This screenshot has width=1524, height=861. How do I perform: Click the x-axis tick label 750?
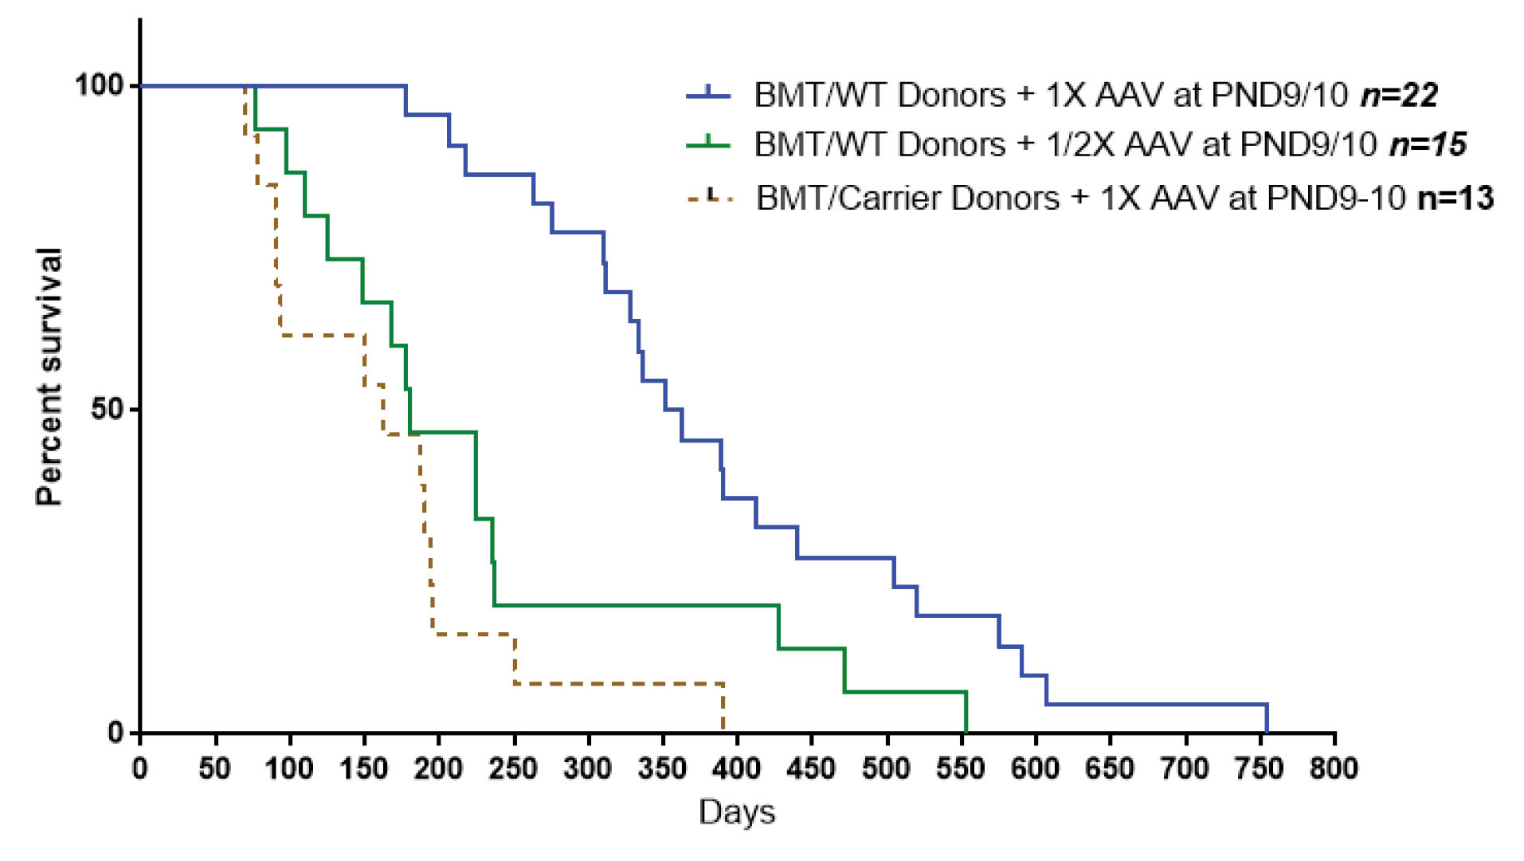click(x=1260, y=769)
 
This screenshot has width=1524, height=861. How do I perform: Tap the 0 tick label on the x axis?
click(x=140, y=769)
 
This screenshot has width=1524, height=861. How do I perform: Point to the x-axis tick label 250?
click(x=513, y=769)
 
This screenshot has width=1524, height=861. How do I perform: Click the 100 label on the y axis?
click(x=100, y=85)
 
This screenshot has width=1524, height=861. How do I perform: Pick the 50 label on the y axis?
click(x=108, y=409)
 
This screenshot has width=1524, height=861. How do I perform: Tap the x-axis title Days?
click(x=737, y=812)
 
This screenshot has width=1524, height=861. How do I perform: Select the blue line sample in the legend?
click(x=708, y=95)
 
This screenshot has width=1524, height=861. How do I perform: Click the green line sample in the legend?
click(x=708, y=144)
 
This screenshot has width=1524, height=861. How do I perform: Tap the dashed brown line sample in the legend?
click(x=708, y=197)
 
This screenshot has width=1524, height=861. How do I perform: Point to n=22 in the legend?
click(x=1399, y=95)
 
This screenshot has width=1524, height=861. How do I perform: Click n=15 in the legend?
click(x=1428, y=144)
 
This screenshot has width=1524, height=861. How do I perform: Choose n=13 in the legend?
click(x=1455, y=197)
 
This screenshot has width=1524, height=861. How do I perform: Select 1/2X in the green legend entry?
click(x=1082, y=144)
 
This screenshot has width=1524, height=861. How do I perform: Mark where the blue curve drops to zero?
click(x=1267, y=732)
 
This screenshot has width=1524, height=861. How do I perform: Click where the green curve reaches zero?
click(x=966, y=732)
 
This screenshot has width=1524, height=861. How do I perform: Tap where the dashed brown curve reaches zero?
click(x=723, y=730)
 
